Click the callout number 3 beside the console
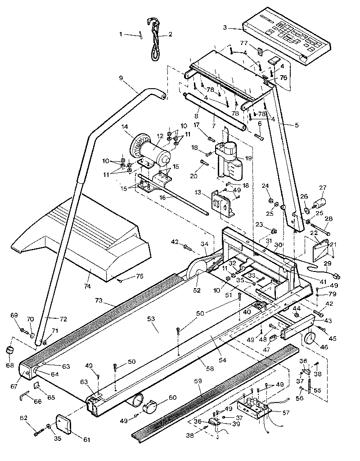coord(225,27)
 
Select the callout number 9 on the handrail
coord(121,78)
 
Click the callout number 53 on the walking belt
coord(151,319)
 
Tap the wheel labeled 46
coord(310,339)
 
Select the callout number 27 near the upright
coord(322,189)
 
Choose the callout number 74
coord(87,286)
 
